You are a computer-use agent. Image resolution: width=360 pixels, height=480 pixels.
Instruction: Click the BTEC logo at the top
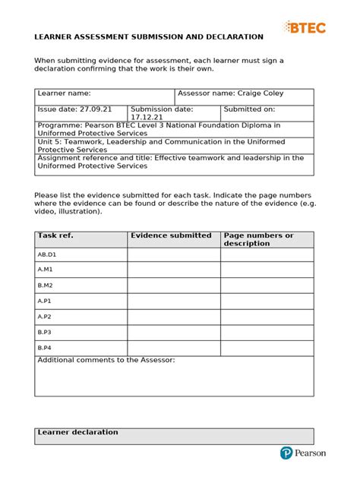305,27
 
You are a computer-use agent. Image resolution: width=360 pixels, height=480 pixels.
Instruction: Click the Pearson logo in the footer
302,453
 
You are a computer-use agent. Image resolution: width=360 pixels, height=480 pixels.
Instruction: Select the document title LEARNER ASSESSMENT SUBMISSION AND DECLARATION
149,36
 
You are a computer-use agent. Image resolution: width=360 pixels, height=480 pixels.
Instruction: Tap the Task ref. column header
55,236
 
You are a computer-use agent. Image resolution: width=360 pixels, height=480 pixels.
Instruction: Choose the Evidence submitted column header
171,235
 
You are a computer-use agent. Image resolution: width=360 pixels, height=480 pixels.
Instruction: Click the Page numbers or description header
258,239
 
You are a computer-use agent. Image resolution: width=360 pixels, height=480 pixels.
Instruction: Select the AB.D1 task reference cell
47,255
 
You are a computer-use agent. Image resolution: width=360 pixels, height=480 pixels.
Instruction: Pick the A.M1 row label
45,270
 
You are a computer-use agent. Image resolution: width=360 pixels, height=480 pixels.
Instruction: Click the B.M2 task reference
45,286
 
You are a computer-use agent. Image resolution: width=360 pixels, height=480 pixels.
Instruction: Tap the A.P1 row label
44,301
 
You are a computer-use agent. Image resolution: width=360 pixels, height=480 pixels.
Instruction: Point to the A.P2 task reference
44,317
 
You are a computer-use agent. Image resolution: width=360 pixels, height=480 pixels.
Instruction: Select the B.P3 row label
44,332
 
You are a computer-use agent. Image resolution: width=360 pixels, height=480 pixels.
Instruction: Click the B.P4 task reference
44,347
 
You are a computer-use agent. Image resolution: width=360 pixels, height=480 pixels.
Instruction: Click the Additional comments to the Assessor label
106,360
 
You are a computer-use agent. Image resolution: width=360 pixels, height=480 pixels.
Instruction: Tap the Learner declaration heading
77,432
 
